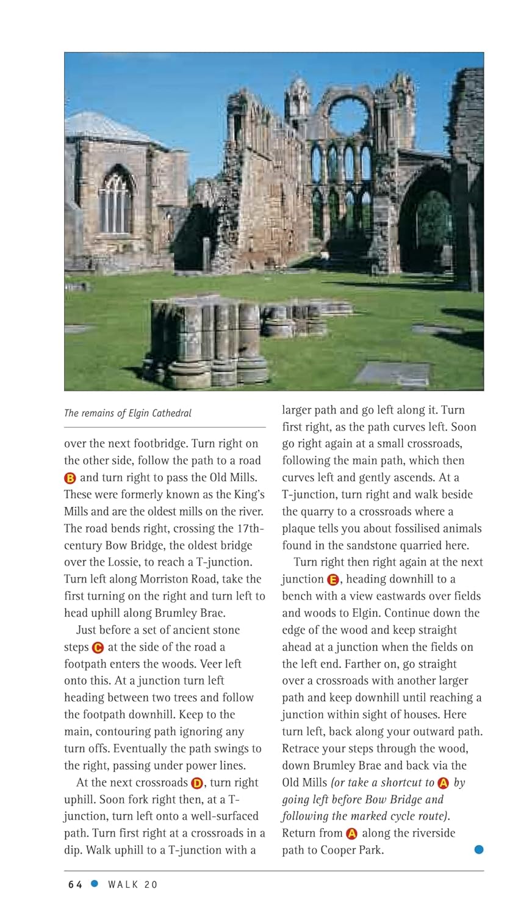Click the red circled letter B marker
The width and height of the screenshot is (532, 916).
click(x=70, y=478)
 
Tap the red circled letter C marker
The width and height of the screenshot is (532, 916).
click(x=98, y=647)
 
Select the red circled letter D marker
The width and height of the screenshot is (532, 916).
click(x=196, y=783)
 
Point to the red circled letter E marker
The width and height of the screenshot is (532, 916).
click(x=333, y=580)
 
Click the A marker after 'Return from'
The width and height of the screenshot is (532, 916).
click(x=351, y=834)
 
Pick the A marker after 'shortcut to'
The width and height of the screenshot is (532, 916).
click(x=443, y=783)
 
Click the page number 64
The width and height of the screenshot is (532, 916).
click(x=75, y=884)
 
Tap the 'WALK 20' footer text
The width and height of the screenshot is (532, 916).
click(x=132, y=884)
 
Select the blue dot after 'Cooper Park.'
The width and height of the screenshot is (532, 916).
click(x=479, y=849)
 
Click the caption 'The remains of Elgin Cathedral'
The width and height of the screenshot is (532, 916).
click(x=128, y=413)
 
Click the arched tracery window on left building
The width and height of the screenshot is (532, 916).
click(x=116, y=202)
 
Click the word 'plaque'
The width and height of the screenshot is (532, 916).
click(x=299, y=529)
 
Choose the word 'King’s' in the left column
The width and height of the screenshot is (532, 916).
click(x=248, y=495)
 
